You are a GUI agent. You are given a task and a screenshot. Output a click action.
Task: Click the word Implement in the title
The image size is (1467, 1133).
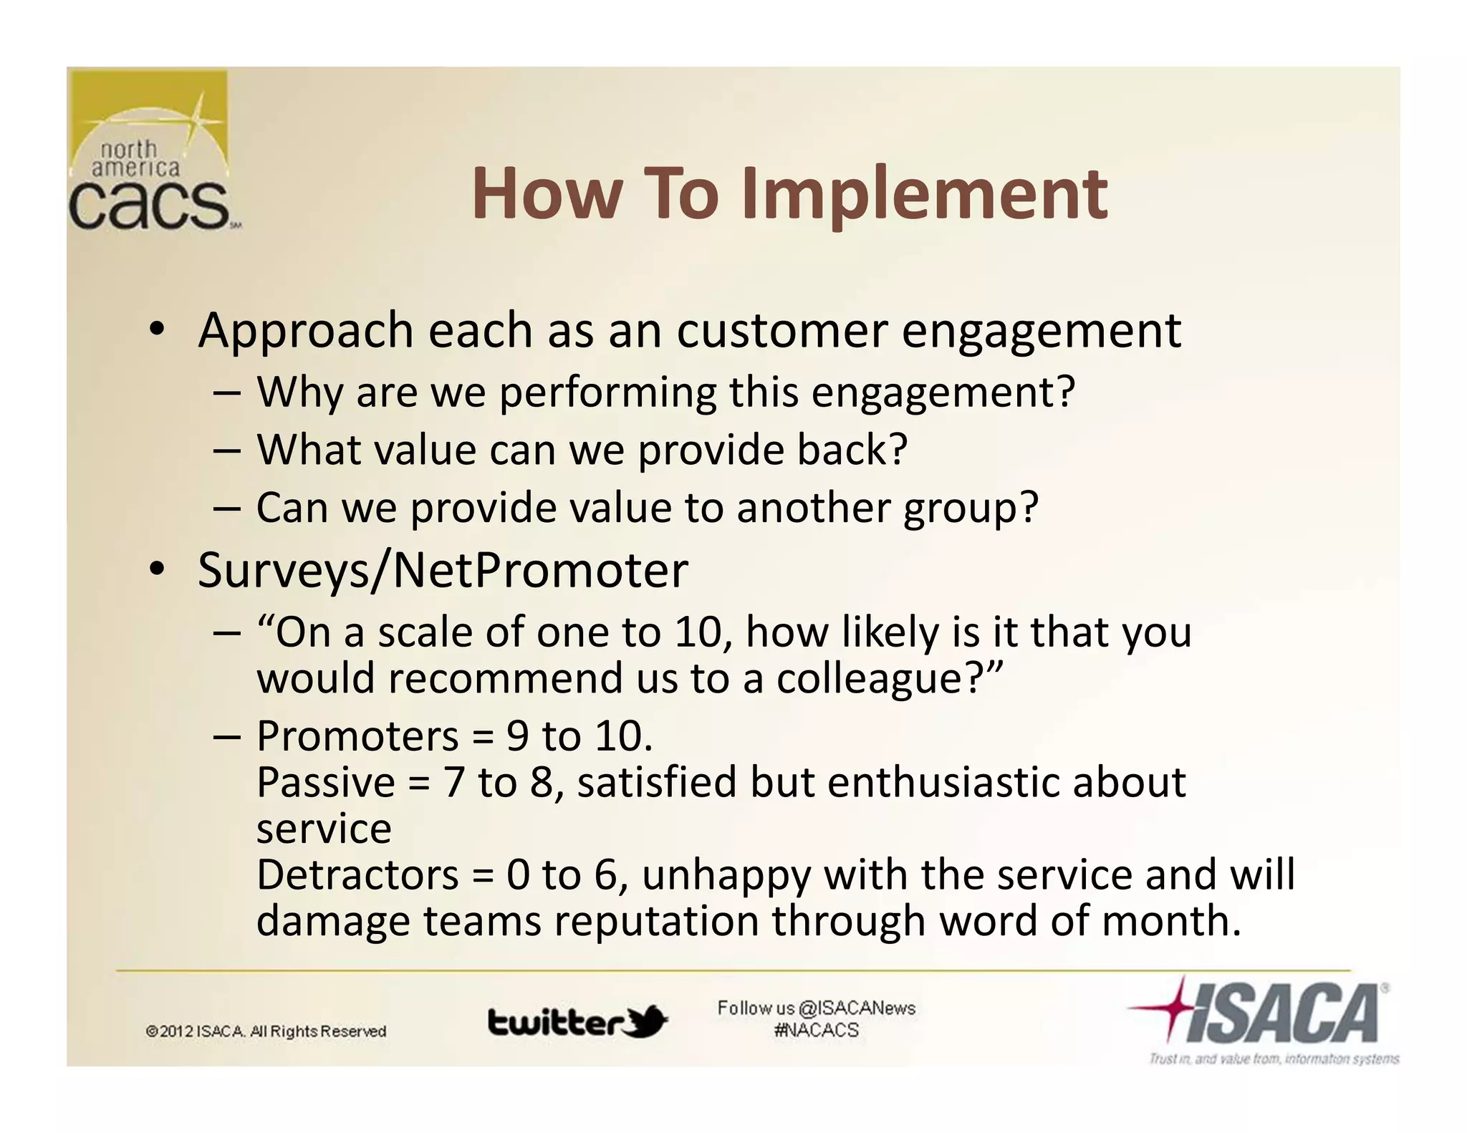click(924, 195)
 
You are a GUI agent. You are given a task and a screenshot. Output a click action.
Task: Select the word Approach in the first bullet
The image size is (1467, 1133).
click(306, 331)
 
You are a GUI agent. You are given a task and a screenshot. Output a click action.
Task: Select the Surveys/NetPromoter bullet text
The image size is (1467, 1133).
click(442, 570)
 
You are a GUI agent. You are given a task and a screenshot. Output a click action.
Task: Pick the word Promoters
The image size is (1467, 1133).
click(357, 736)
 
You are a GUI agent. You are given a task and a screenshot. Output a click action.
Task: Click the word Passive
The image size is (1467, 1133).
click(325, 782)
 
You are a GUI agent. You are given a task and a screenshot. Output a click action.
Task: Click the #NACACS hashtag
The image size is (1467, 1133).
click(816, 1031)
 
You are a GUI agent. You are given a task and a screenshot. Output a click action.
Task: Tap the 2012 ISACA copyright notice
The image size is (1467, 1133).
click(266, 1031)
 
